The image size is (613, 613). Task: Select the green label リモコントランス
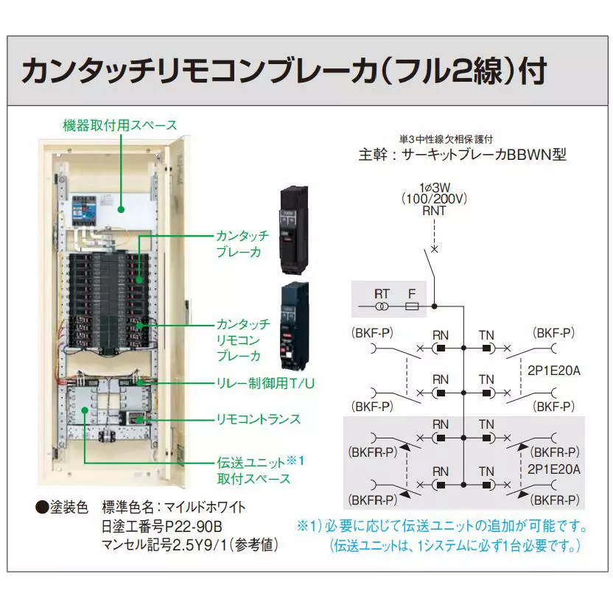coord(257,418)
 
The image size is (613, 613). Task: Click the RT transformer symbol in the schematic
coord(382,305)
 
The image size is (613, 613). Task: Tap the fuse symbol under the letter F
coord(413,305)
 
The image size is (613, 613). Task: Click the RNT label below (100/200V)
coord(434,211)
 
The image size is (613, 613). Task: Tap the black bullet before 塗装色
coord(41,508)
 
